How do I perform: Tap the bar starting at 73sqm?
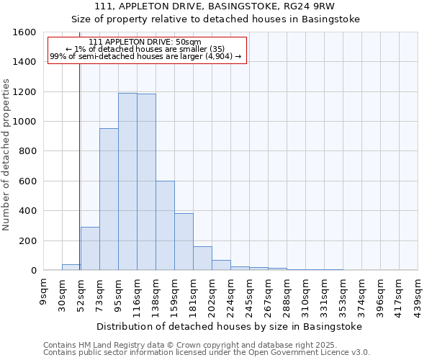(x=109, y=199)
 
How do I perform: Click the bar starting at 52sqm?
(x=90, y=248)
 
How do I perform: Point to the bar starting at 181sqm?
(x=202, y=258)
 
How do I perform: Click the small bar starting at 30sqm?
(x=71, y=267)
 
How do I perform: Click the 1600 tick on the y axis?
(x=26, y=32)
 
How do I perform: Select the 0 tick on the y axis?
(x=34, y=271)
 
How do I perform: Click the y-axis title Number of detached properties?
(x=6, y=151)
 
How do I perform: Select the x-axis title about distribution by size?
(x=230, y=326)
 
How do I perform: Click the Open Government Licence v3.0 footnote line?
(x=207, y=352)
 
